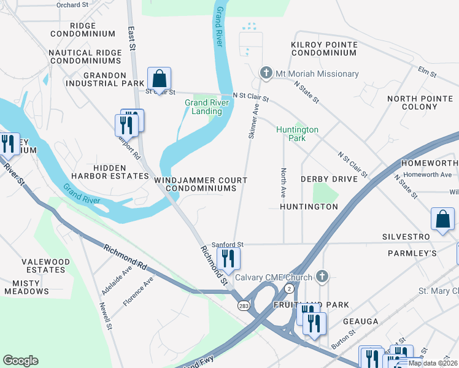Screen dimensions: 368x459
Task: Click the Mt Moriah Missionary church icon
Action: [266, 73]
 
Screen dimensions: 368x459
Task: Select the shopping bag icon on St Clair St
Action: [159, 79]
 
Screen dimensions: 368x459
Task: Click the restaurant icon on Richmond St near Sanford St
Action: [228, 259]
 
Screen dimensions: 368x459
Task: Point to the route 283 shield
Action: [244, 305]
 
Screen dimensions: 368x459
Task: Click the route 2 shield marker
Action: [289, 288]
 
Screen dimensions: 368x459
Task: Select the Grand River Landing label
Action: [207, 107]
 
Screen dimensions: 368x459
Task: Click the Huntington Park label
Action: [297, 134]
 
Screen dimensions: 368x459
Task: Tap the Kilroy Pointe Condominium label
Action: [324, 48]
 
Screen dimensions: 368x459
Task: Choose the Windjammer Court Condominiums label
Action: [201, 184]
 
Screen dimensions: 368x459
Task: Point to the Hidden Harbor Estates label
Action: [121, 172]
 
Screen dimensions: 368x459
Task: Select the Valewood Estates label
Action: [45, 266]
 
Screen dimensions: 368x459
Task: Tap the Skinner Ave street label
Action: [253, 120]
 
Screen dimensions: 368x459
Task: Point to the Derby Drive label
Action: [328, 179]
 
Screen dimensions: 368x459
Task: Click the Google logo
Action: [20, 360]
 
